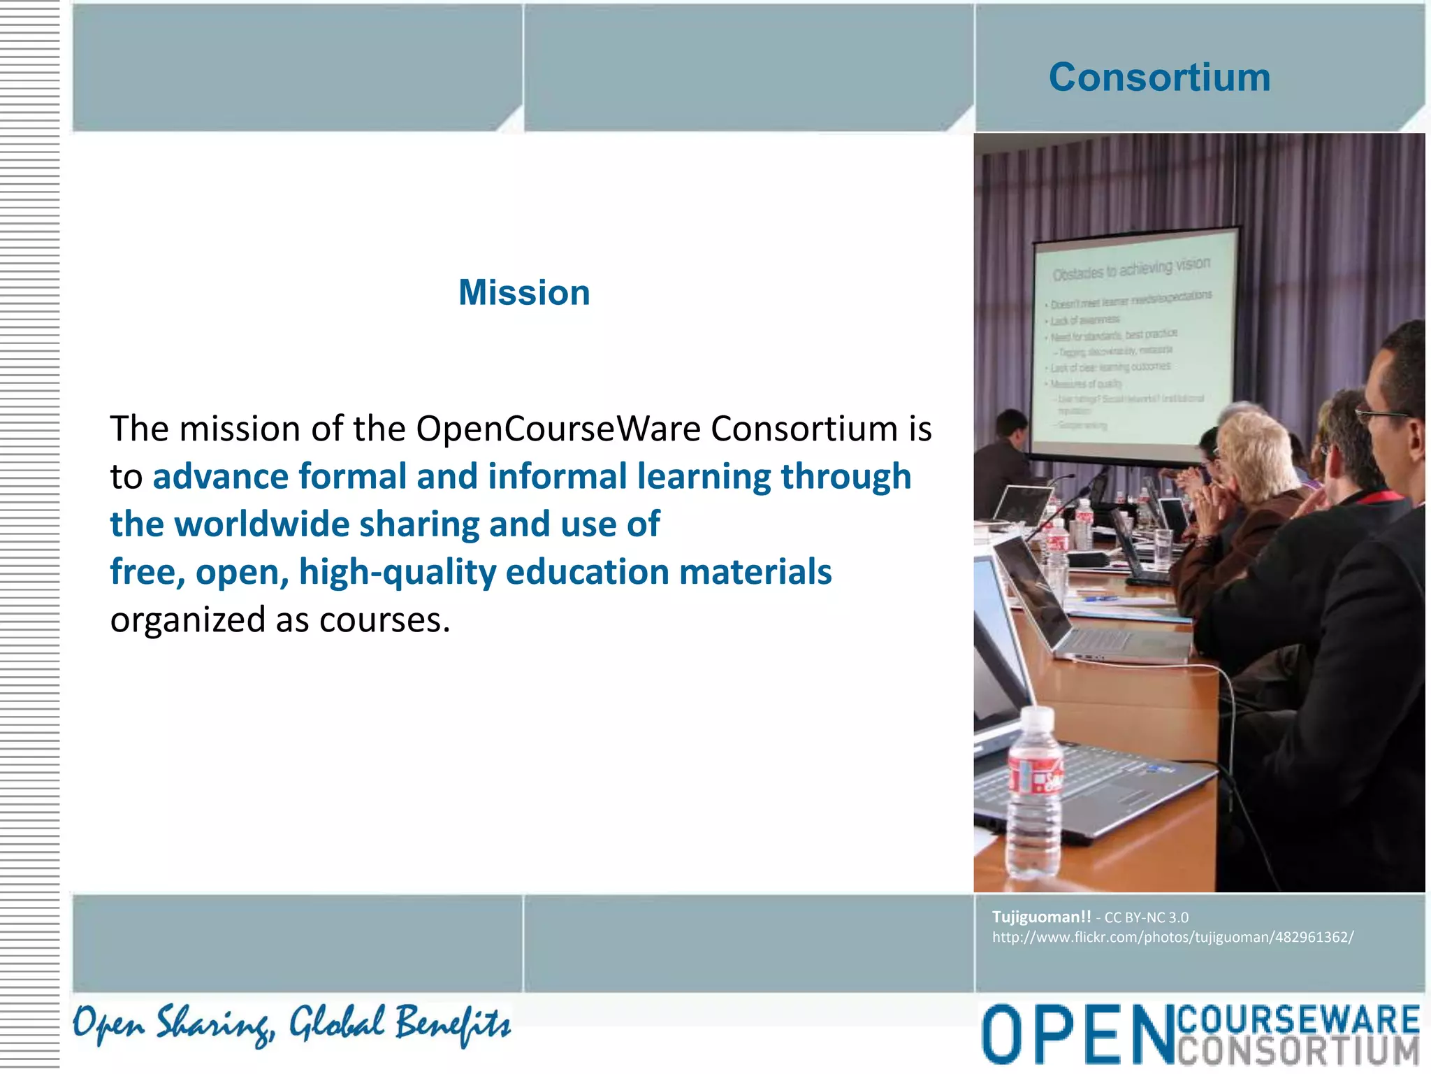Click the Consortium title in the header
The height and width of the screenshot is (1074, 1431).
click(1159, 77)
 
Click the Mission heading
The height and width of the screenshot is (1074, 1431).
click(524, 292)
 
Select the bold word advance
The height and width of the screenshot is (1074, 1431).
click(221, 477)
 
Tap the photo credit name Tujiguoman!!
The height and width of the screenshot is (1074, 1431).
click(1041, 917)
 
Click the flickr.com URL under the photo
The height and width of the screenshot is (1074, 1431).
click(1172, 937)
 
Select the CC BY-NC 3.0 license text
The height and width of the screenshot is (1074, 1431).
click(1146, 917)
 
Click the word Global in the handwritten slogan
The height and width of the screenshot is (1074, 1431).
click(337, 1023)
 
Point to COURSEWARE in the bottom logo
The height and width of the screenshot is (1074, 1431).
click(1298, 1019)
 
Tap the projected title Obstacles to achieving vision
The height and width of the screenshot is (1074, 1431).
click(1131, 268)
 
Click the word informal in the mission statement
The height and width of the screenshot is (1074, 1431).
click(558, 477)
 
